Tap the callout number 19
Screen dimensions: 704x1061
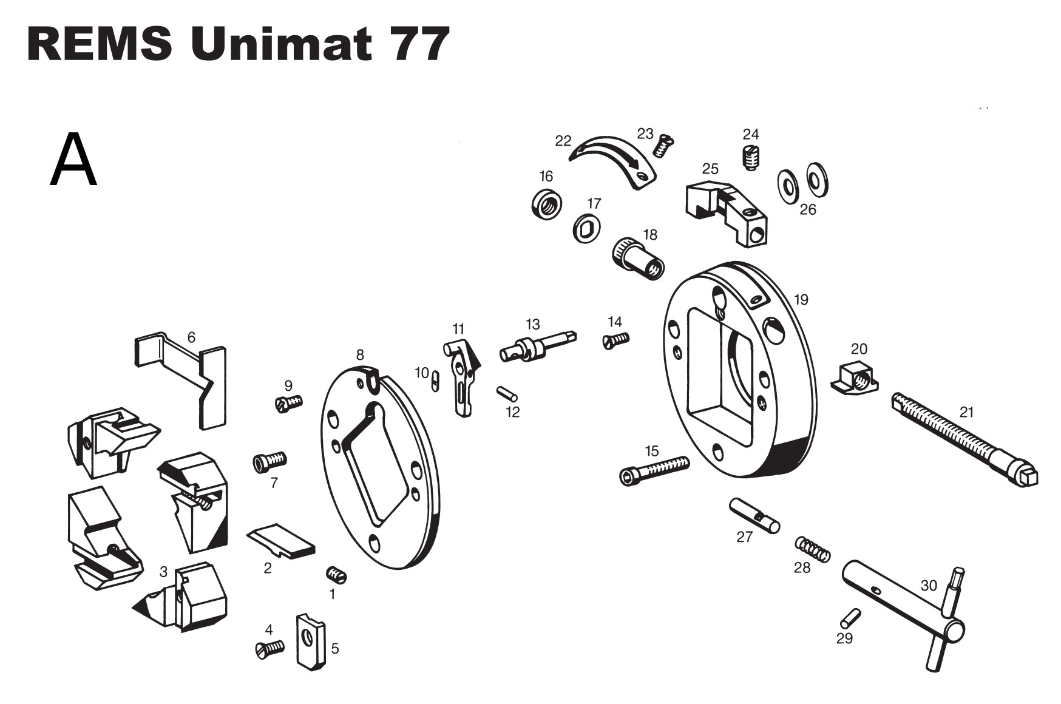click(801, 299)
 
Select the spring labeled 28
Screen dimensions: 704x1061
click(813, 549)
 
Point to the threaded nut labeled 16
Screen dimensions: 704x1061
click(546, 204)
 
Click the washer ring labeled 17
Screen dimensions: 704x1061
click(587, 228)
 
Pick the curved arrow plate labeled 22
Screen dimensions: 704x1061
click(614, 161)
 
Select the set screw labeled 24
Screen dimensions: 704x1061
click(751, 158)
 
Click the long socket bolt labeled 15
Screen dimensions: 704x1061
click(654, 469)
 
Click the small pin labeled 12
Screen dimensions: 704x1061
click(507, 394)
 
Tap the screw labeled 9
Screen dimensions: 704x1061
click(288, 403)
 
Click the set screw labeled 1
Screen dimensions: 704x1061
click(336, 574)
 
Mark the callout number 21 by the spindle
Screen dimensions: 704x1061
click(966, 412)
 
